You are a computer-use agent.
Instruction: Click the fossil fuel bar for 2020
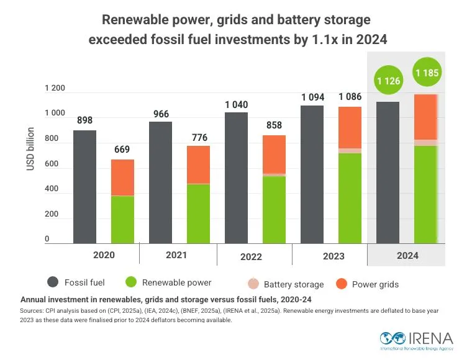coord(84,186)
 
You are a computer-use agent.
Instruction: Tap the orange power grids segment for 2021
coord(199,164)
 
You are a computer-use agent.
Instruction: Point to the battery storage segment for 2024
coord(426,143)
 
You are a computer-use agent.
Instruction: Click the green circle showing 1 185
coord(427,74)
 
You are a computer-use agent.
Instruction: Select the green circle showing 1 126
coord(388,81)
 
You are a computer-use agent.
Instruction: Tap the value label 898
coord(84,120)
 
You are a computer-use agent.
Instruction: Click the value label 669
coord(122,150)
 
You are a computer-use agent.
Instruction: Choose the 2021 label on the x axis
coord(177,254)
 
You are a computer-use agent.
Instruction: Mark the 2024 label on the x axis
coord(407,255)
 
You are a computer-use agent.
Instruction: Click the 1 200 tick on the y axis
coord(55,88)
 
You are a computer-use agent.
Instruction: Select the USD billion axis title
coord(30,150)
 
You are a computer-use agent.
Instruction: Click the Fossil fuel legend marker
coord(52,282)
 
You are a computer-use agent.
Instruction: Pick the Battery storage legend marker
coord(253,284)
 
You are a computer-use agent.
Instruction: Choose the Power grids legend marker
coord(341,283)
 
